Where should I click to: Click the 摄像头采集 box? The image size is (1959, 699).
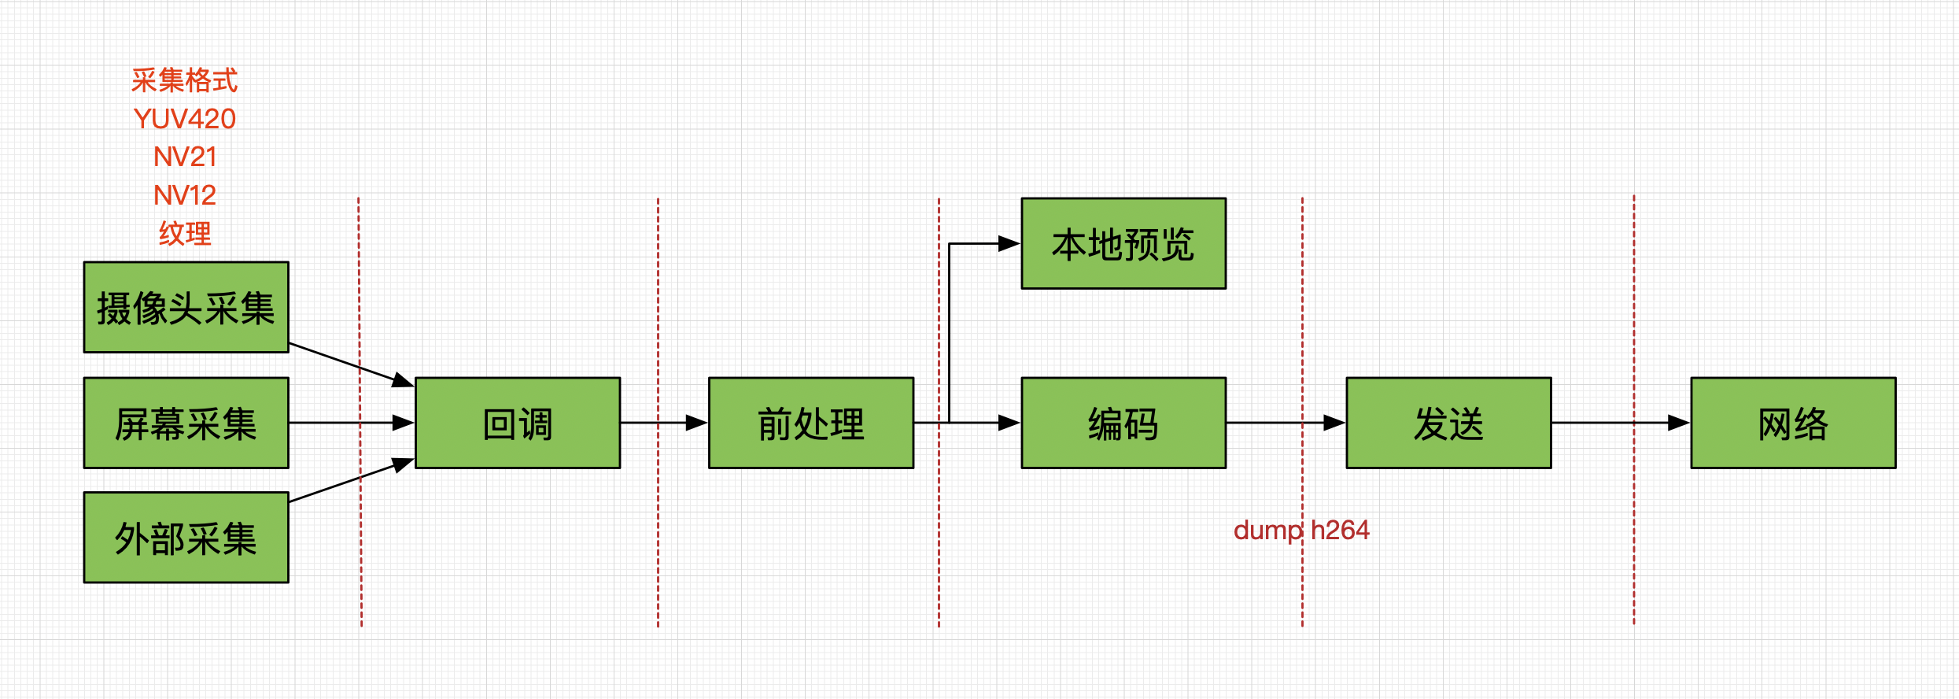tap(186, 307)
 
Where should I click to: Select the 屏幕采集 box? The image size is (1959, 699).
tap(186, 423)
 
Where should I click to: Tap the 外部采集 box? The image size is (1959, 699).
tap(186, 538)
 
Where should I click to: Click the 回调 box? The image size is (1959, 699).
tap(518, 423)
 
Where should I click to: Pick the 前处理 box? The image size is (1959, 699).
tap(811, 423)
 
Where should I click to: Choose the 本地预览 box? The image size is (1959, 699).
tap(1123, 243)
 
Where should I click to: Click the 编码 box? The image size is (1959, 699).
tap(1123, 423)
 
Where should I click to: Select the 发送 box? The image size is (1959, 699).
tap(1448, 423)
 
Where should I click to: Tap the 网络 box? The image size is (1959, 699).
tap(1793, 423)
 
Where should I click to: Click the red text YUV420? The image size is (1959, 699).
tap(185, 119)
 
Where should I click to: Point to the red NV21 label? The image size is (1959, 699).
tap(185, 157)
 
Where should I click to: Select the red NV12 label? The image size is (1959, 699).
tap(185, 194)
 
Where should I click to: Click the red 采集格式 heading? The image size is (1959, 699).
tap(185, 80)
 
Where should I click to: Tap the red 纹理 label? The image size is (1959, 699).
tap(185, 233)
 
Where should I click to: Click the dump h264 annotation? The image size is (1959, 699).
tap(1301, 531)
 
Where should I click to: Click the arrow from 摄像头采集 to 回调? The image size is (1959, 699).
tap(352, 364)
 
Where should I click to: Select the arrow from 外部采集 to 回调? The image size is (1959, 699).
tap(352, 480)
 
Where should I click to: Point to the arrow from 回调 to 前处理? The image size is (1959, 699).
tap(664, 423)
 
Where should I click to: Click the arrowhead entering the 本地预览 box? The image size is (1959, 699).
tap(1009, 244)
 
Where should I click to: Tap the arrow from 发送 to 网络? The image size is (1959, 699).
tap(1621, 423)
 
